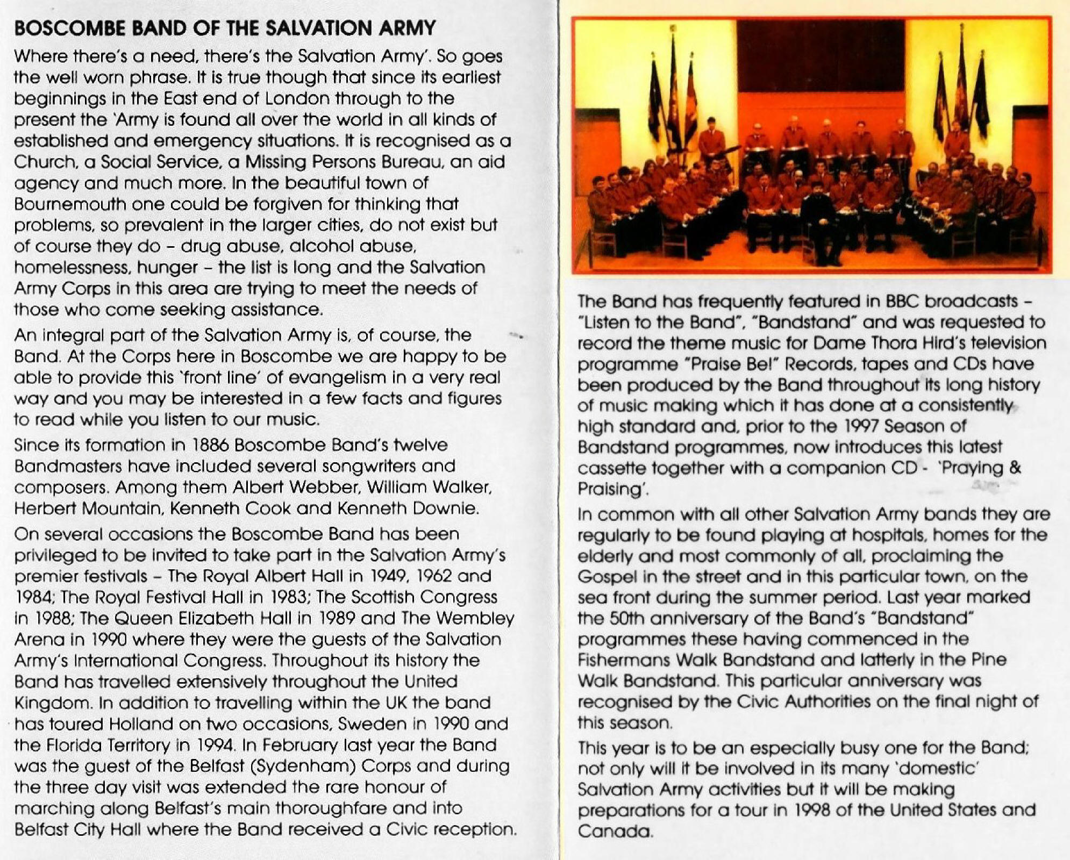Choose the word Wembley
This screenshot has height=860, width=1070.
click(475, 618)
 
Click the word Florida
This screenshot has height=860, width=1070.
click(74, 745)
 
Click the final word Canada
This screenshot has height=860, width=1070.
click(615, 832)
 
